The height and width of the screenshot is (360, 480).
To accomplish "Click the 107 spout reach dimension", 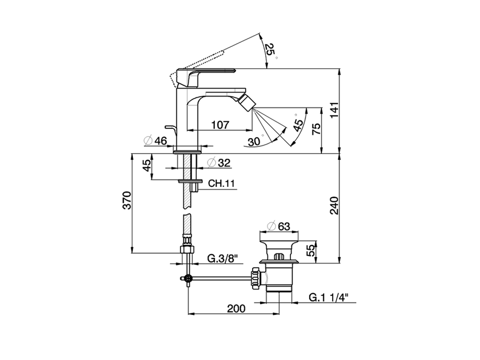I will [x=220, y=125].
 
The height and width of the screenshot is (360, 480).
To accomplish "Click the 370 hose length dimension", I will [x=127, y=201].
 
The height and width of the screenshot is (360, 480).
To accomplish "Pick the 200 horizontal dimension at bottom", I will [x=236, y=308].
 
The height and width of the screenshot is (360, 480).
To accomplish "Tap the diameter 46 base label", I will [x=155, y=141].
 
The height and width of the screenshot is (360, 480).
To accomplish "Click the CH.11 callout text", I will [x=221, y=183].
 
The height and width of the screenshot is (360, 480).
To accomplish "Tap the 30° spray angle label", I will [x=254, y=141].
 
